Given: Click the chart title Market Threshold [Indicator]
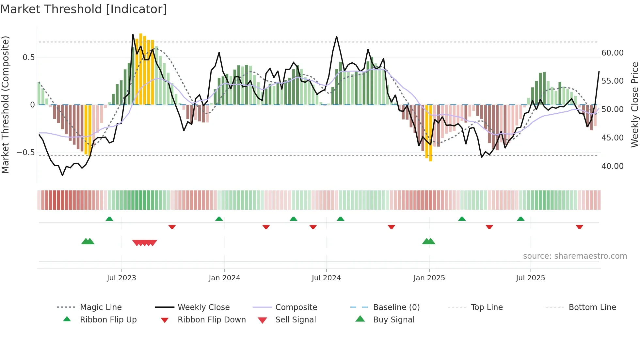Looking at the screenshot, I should point(84,9).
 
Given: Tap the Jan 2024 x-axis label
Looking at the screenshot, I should point(224,278).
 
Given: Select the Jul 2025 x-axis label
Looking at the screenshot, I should point(530,278).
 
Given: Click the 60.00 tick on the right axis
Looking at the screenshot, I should point(612,53).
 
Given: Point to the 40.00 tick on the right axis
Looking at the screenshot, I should point(612,166).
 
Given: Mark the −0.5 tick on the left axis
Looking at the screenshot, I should point(25,152).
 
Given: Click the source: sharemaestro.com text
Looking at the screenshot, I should point(575,256).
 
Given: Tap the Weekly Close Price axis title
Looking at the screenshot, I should point(634,105).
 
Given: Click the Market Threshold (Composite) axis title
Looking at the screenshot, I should point(5,105).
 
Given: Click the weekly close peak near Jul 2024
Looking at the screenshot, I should point(337,37).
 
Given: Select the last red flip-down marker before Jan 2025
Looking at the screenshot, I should point(391,227).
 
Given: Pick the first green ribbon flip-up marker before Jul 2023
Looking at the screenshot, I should point(109,219).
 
